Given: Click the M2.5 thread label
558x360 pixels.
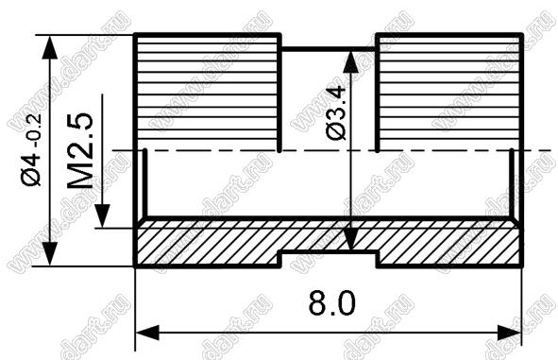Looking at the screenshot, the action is (81, 151).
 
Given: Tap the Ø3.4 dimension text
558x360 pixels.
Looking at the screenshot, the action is (336, 112).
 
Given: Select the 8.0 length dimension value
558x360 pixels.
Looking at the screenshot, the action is (331, 303).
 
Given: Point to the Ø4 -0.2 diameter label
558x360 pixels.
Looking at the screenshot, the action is (31, 149).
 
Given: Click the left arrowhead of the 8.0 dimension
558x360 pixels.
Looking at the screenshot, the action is (147, 333).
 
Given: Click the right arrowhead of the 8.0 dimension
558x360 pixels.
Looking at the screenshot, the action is (509, 333).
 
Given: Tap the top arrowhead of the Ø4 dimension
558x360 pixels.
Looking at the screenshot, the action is (50, 47).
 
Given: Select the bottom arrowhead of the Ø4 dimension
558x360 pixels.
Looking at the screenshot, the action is (50, 253).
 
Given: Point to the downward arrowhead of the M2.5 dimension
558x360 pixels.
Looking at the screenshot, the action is (103, 216).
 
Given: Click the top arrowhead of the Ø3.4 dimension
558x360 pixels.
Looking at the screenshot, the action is (351, 62).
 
